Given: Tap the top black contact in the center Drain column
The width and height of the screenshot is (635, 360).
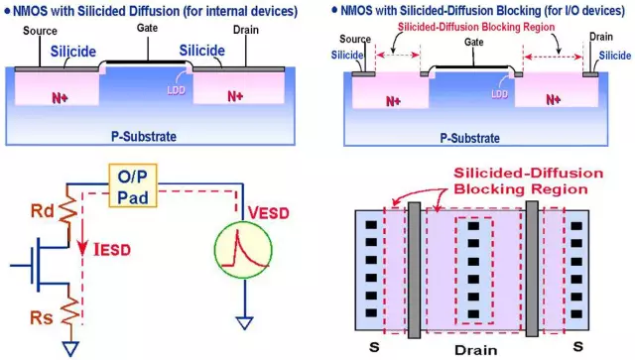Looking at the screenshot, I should [x=472, y=227].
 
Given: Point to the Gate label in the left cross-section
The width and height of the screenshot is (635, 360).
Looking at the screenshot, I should [x=148, y=32].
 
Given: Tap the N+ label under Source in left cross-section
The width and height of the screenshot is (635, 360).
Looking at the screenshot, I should [x=63, y=97].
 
